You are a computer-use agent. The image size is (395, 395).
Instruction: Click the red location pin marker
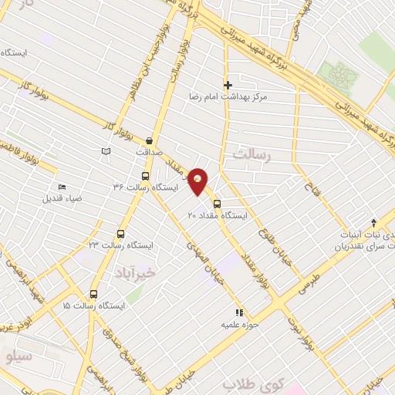click(199, 181)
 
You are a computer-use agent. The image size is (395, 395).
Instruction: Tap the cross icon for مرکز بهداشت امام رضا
click(228, 85)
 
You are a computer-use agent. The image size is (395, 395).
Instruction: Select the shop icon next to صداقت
click(149, 141)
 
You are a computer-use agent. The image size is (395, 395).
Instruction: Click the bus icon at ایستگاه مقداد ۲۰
click(217, 204)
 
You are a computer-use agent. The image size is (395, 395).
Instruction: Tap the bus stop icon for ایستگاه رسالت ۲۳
click(120, 234)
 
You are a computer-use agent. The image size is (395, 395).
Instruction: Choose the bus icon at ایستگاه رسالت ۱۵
click(94, 294)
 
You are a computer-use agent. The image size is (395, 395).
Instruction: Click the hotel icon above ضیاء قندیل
click(62, 187)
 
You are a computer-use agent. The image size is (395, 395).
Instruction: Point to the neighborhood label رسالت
click(255, 155)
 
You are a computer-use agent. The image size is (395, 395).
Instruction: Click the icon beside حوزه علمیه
click(239, 312)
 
